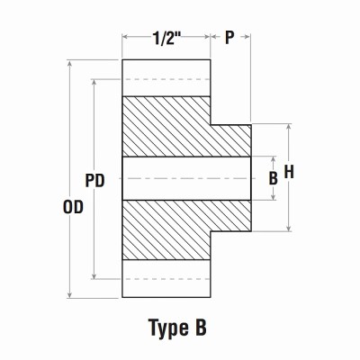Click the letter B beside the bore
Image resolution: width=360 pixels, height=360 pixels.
pos(273,178)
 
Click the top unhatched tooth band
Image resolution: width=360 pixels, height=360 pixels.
pos(166,77)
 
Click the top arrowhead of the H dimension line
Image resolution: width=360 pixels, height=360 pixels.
pos(289,127)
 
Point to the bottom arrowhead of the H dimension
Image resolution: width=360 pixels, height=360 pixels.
pos(289,229)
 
